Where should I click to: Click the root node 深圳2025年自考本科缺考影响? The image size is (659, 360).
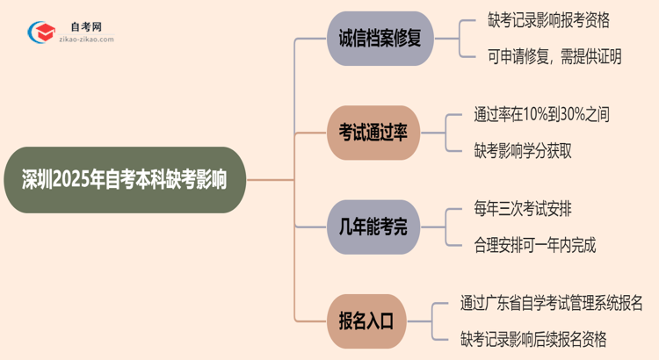click(x=123, y=181)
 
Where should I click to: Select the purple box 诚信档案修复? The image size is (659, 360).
click(x=380, y=39)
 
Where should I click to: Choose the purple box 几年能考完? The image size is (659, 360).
click(x=373, y=228)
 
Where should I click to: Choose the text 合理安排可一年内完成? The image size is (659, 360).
click(x=534, y=246)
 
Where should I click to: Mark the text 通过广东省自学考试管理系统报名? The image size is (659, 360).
click(x=551, y=304)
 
